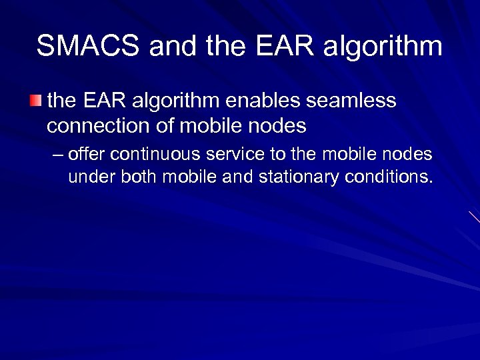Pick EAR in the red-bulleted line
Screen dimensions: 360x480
pos(108,101)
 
